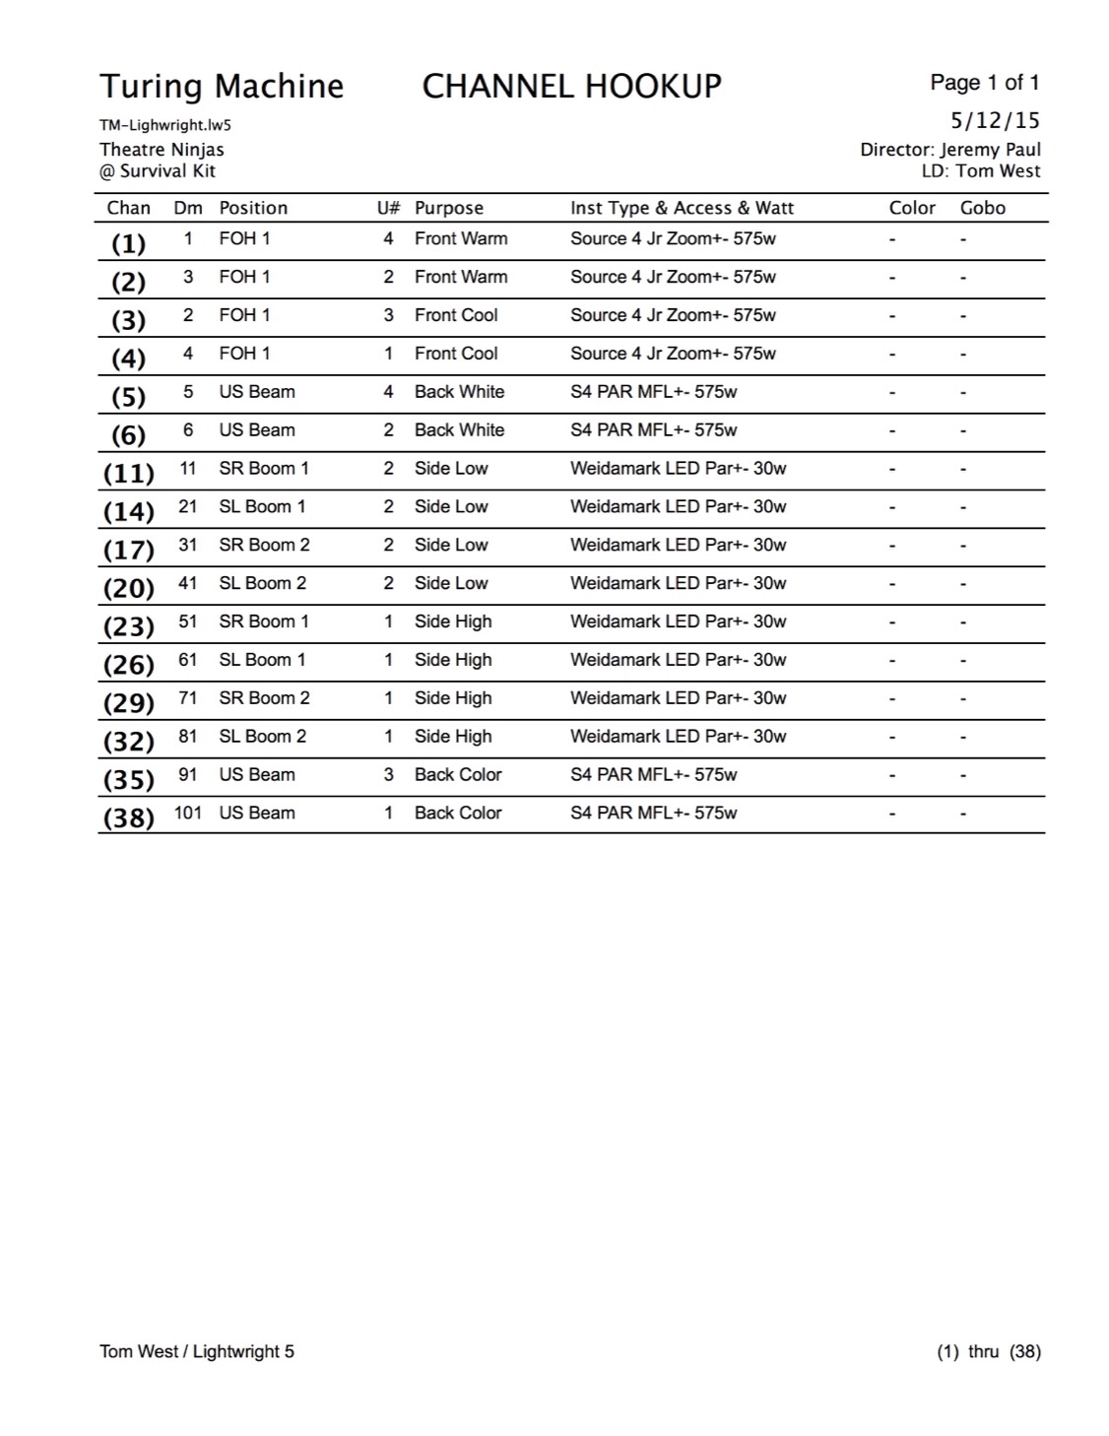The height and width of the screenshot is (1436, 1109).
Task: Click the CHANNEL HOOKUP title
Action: pyautogui.click(x=571, y=87)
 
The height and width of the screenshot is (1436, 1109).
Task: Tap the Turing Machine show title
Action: pyautogui.click(x=222, y=87)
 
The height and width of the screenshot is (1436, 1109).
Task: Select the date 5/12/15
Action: pyautogui.click(x=995, y=121)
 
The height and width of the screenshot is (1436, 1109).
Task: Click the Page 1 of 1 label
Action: pyautogui.click(x=985, y=83)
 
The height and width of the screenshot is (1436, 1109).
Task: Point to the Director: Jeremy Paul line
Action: pyautogui.click(x=949, y=150)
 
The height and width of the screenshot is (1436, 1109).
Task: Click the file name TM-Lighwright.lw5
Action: pyautogui.click(x=165, y=126)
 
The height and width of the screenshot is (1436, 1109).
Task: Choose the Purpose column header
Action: pyautogui.click(x=449, y=208)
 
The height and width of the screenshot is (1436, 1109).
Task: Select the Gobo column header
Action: pyautogui.click(x=983, y=208)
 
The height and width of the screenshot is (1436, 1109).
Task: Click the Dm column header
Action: pyautogui.click(x=188, y=208)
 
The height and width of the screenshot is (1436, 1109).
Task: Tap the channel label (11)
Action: pyautogui.click(x=129, y=474)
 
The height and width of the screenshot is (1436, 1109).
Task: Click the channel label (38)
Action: pyautogui.click(x=129, y=818)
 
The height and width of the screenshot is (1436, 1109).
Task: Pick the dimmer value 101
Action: pyautogui.click(x=188, y=814)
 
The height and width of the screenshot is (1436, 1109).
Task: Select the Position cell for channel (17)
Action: pyautogui.click(x=264, y=546)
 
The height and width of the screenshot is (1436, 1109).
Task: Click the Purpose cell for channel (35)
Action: pyautogui.click(x=458, y=775)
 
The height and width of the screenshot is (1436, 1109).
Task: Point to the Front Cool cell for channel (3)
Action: pyautogui.click(x=456, y=315)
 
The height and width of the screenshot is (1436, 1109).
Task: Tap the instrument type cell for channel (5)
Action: pyautogui.click(x=653, y=392)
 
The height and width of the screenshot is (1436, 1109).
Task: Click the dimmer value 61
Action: pyautogui.click(x=188, y=660)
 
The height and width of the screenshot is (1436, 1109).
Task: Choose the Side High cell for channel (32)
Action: pyautogui.click(x=453, y=737)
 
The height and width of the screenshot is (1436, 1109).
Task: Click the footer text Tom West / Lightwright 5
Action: pyautogui.click(x=197, y=1351)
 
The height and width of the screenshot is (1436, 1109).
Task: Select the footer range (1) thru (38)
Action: pyautogui.click(x=988, y=1351)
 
